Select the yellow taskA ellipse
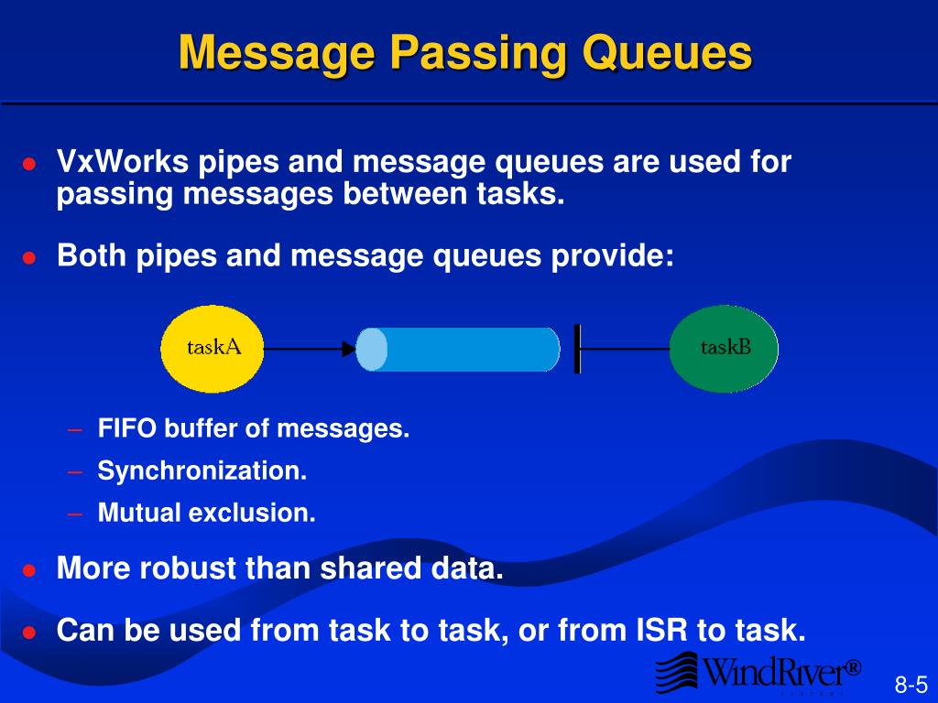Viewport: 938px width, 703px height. click(213, 349)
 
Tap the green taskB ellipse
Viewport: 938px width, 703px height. click(724, 349)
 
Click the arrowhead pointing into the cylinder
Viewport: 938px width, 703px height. click(348, 349)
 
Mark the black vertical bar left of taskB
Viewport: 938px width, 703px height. click(577, 349)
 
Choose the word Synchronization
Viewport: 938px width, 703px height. click(202, 471)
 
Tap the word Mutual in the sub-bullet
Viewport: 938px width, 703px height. click(139, 514)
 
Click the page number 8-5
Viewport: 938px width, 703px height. click(911, 685)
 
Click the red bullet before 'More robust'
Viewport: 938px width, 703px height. click(29, 570)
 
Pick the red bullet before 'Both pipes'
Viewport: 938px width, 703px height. click(29, 258)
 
